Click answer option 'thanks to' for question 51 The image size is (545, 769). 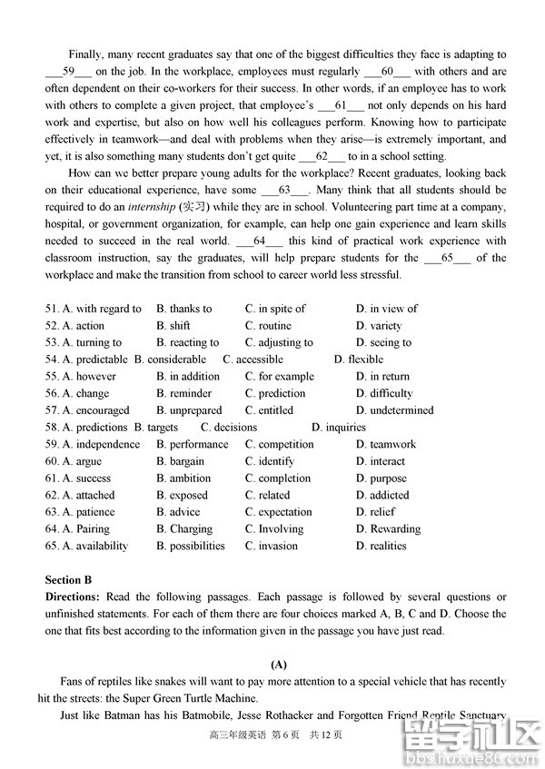pos(189,309)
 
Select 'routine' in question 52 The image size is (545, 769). pos(274,326)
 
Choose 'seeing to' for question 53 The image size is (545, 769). pos(390,343)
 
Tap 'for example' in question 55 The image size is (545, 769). pos(285,377)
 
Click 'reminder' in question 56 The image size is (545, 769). pos(190,394)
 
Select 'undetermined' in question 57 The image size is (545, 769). pos(401,410)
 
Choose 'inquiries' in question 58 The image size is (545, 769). pos(344,428)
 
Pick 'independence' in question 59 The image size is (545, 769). pos(107,445)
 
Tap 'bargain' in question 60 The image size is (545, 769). pos(186,461)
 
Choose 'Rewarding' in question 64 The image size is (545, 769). pos(394,529)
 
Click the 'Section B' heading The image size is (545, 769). pos(69,580)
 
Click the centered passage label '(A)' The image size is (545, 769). pos(274,665)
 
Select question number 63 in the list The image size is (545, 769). pos(52,513)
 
